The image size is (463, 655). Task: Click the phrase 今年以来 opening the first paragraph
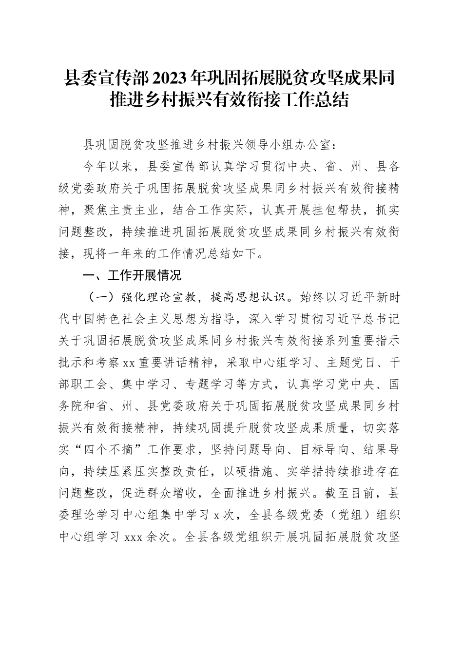point(108,167)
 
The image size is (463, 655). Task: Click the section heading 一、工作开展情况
point(133,275)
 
